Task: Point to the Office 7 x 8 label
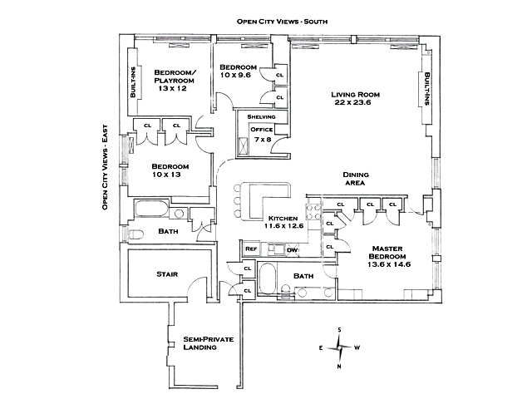(x=262, y=135)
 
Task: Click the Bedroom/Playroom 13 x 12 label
(x=175, y=80)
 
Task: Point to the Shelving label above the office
(x=261, y=116)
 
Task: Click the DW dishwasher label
(x=291, y=249)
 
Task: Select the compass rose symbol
(x=338, y=347)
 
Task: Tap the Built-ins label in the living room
(x=427, y=86)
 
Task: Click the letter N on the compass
(x=339, y=366)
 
